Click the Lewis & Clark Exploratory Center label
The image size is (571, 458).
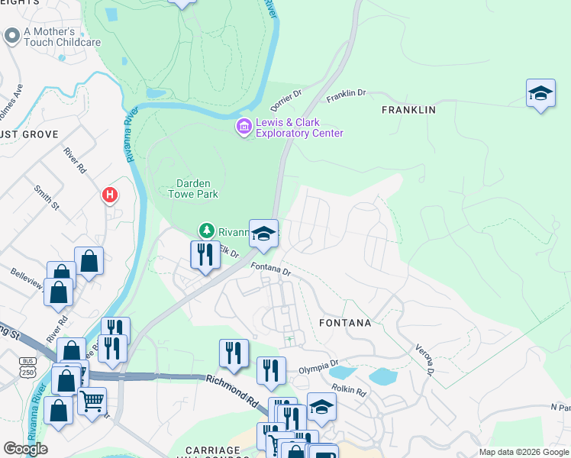[x=299, y=128]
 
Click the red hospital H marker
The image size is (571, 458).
[x=110, y=196]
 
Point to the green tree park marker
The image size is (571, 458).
[x=205, y=229]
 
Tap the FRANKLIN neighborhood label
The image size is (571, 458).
[x=408, y=110]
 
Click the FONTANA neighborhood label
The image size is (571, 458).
[x=346, y=323]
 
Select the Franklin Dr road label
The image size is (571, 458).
[x=347, y=95]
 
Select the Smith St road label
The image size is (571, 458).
[x=47, y=196]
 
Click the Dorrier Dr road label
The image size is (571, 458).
[x=287, y=99]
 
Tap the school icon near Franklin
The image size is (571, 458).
[x=540, y=94]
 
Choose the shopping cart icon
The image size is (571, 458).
[x=92, y=400]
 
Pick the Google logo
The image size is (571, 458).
[x=25, y=449]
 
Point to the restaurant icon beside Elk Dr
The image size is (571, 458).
[x=205, y=254]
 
